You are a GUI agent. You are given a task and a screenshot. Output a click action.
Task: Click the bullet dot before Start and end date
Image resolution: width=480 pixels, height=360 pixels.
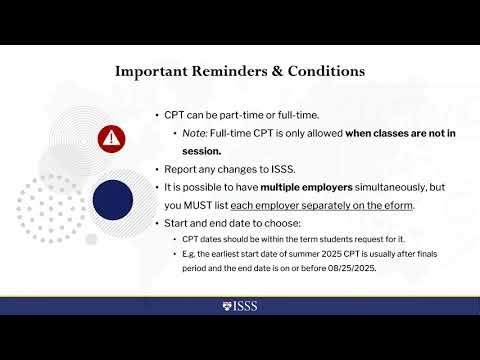coord(158,223)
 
